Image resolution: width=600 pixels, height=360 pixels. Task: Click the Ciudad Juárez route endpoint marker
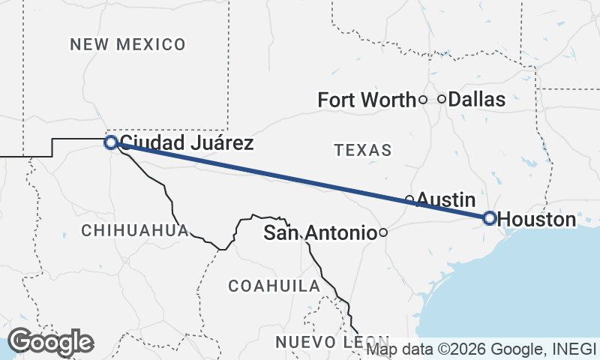(x=110, y=142)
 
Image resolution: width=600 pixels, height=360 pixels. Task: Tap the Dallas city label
(x=477, y=99)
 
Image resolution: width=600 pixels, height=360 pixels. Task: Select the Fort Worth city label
(x=366, y=100)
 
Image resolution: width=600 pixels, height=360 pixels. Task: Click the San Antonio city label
(x=319, y=233)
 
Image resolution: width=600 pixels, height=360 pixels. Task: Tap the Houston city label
(x=537, y=220)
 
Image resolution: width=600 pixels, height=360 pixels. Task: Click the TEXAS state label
(x=363, y=150)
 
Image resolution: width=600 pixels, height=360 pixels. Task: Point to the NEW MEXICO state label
(x=127, y=44)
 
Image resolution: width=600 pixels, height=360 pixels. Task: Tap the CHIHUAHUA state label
(x=134, y=230)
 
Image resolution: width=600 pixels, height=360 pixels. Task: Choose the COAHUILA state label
(x=274, y=286)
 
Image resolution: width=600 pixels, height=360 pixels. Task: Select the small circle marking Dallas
(x=442, y=98)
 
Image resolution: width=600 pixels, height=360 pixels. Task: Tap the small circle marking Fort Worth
(x=423, y=99)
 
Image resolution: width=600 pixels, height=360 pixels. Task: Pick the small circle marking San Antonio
(x=383, y=233)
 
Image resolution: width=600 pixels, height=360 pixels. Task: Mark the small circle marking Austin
(x=409, y=199)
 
